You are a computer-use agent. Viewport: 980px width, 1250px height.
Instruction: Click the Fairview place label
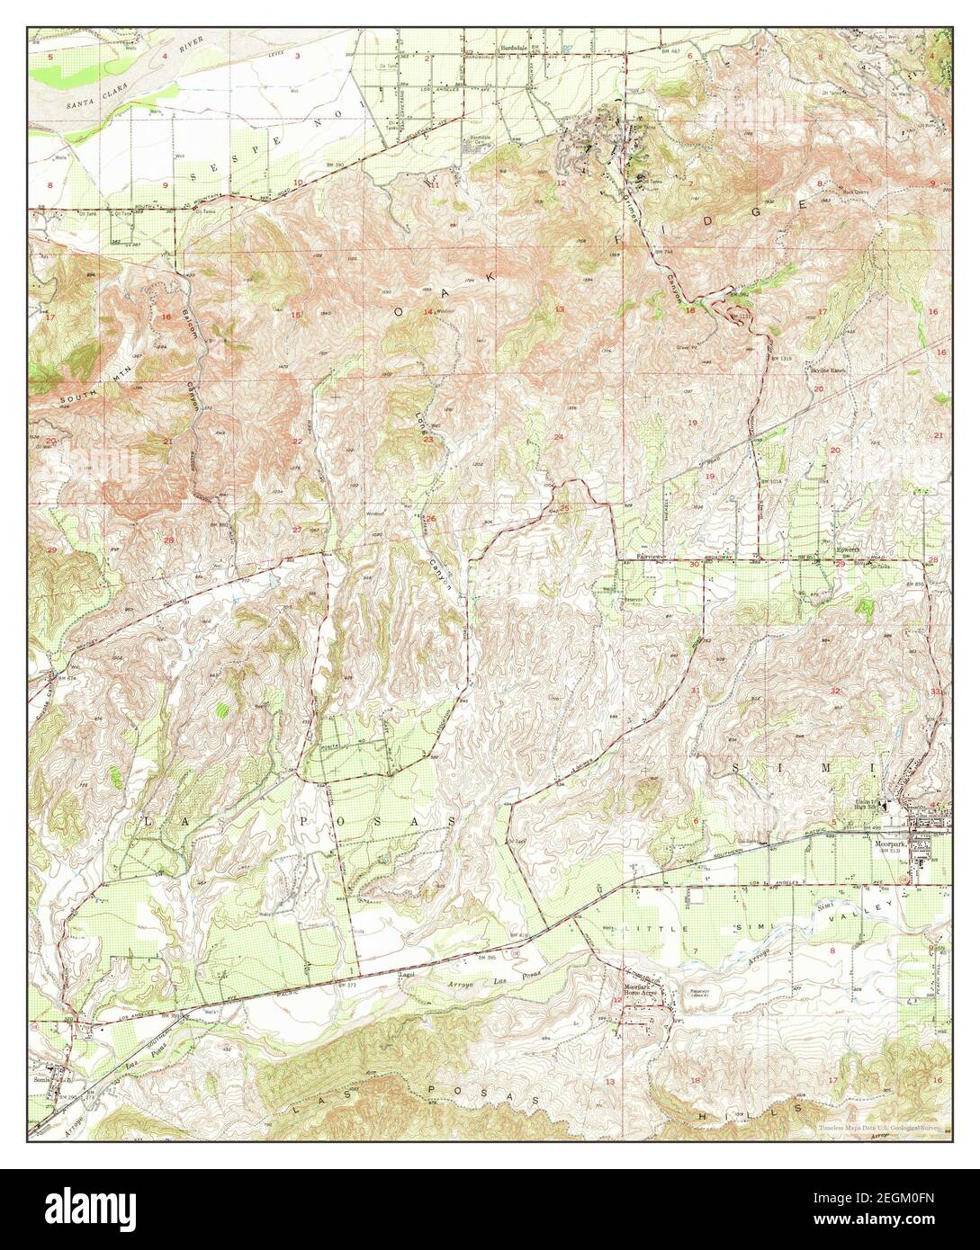650,558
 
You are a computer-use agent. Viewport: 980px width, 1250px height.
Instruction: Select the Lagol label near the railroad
409,973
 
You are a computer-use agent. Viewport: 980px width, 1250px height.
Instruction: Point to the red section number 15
296,314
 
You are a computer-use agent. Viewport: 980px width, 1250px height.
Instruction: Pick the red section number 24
559,437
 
